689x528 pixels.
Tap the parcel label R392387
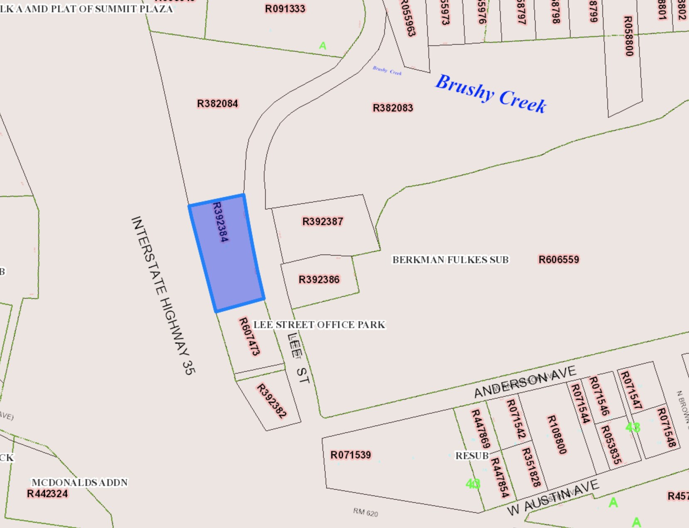(322, 221)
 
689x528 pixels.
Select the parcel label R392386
(319, 280)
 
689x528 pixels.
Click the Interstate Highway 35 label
(163, 295)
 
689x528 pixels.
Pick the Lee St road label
(298, 358)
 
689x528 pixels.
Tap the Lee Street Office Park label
(319, 325)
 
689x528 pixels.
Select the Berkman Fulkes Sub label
(450, 260)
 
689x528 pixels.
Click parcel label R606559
(559, 260)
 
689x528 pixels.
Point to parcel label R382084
(217, 104)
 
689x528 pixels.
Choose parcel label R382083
(393, 108)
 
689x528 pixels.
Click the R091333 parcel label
(285, 9)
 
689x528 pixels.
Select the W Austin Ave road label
(553, 497)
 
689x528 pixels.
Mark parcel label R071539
(350, 455)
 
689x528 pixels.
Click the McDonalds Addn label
(80, 483)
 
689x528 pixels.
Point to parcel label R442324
(47, 494)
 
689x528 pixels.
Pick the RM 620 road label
(366, 512)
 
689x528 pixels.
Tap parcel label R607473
(249, 337)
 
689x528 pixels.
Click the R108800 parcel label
(556, 435)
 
